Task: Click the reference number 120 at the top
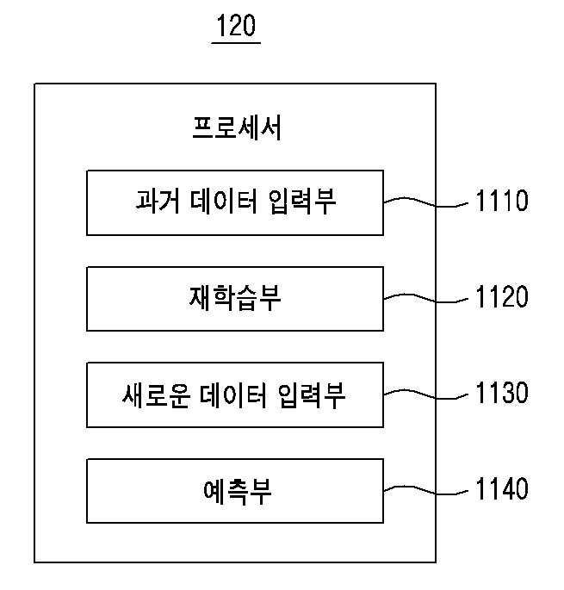(236, 25)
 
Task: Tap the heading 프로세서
(237, 128)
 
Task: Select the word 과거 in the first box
(158, 201)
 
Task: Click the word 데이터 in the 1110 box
(224, 201)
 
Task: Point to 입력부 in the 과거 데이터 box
(302, 202)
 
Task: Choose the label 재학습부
(235, 298)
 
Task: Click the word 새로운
(156, 395)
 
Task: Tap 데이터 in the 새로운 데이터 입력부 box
(232, 395)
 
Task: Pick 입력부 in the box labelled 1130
(312, 395)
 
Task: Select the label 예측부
(237, 492)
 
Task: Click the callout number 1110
(502, 201)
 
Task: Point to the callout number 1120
(502, 296)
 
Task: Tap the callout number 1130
(502, 393)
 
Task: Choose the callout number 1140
(502, 488)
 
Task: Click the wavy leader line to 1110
(426, 203)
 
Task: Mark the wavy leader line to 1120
(426, 299)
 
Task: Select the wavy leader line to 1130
(426, 395)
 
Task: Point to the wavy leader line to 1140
(426, 491)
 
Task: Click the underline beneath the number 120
(236, 43)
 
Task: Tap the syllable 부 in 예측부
(261, 492)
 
